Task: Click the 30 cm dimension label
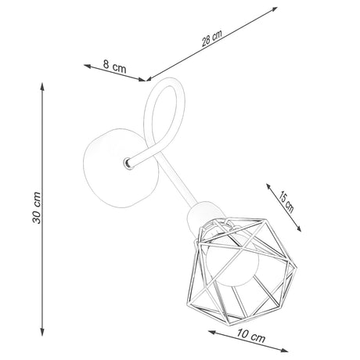pos(37,208)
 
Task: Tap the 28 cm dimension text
pos(212,38)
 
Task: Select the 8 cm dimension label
pos(114,67)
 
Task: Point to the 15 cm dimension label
pos(286,202)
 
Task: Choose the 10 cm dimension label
pos(251,336)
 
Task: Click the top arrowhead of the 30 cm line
pos(42,86)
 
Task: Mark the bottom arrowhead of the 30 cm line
pos(42,332)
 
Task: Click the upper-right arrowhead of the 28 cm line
pos(274,9)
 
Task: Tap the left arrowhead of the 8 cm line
pos(88,67)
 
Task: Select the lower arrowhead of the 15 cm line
pos(299,229)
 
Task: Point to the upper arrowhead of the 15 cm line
pos(268,187)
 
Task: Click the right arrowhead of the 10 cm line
pos(284,350)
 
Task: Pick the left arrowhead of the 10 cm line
pos(212,333)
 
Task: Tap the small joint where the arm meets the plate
pos(128,164)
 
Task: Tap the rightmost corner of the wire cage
pos(297,268)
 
